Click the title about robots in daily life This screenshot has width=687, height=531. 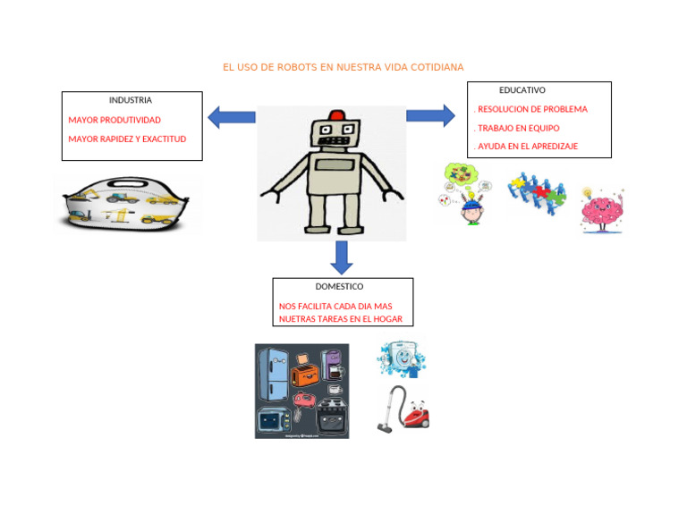coord(343,67)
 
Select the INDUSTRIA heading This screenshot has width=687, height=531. coord(131,100)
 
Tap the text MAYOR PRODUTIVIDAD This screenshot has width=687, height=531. coord(114,120)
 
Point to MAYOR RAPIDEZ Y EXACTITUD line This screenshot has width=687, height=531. coord(127,139)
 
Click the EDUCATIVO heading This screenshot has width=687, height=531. coord(522,90)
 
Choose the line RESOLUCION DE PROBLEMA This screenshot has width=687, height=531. coord(531,109)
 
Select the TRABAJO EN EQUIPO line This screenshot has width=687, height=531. coord(518,128)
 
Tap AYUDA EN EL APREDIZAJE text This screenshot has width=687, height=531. coord(527,146)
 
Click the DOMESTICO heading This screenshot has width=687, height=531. coord(339,287)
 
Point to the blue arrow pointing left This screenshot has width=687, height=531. coord(231,117)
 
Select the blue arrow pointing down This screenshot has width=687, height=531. coord(341,257)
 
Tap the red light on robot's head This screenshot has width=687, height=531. coord(336,115)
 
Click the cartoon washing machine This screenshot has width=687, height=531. coord(402,358)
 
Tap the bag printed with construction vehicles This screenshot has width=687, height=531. coord(128,205)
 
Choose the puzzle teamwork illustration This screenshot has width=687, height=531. coord(536,191)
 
